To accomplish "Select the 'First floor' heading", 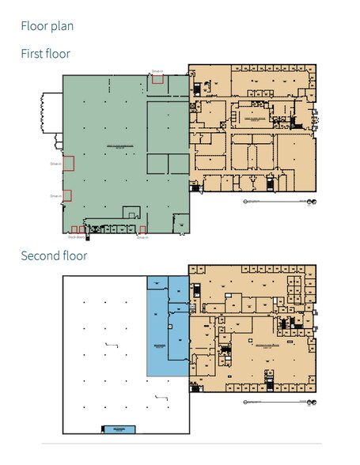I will pyautogui.click(x=45, y=54).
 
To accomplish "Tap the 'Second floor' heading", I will pyautogui.click(x=53, y=255).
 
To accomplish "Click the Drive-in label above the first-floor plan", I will pyautogui.click(x=157, y=71).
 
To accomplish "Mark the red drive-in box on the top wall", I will pyautogui.click(x=157, y=80).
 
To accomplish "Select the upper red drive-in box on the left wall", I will pyautogui.click(x=68, y=164).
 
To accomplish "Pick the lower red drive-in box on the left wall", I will pyautogui.click(x=67, y=195).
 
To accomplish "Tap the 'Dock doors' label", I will pyautogui.click(x=76, y=236).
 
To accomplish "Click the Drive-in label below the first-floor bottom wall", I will pyautogui.click(x=142, y=237).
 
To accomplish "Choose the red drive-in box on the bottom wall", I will pyautogui.click(x=142, y=230).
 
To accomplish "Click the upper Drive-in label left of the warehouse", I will pyautogui.click(x=55, y=164).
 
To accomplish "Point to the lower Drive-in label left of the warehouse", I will pyautogui.click(x=55, y=195).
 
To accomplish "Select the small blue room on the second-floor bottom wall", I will pyautogui.click(x=119, y=429).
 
